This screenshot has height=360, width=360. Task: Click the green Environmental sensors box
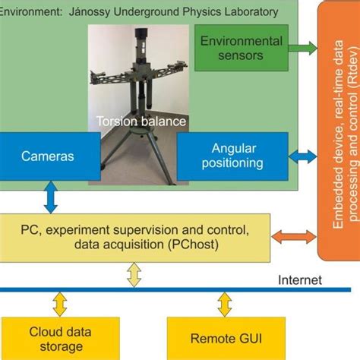pyautogui.click(x=241, y=48)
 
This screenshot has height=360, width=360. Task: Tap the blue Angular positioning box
pyautogui.click(x=232, y=156)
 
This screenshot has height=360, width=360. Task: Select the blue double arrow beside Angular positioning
pyautogui.click(x=304, y=156)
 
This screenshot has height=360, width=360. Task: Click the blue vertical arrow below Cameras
pyautogui.click(x=50, y=197)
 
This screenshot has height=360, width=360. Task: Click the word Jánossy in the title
pyautogui.click(x=94, y=12)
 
